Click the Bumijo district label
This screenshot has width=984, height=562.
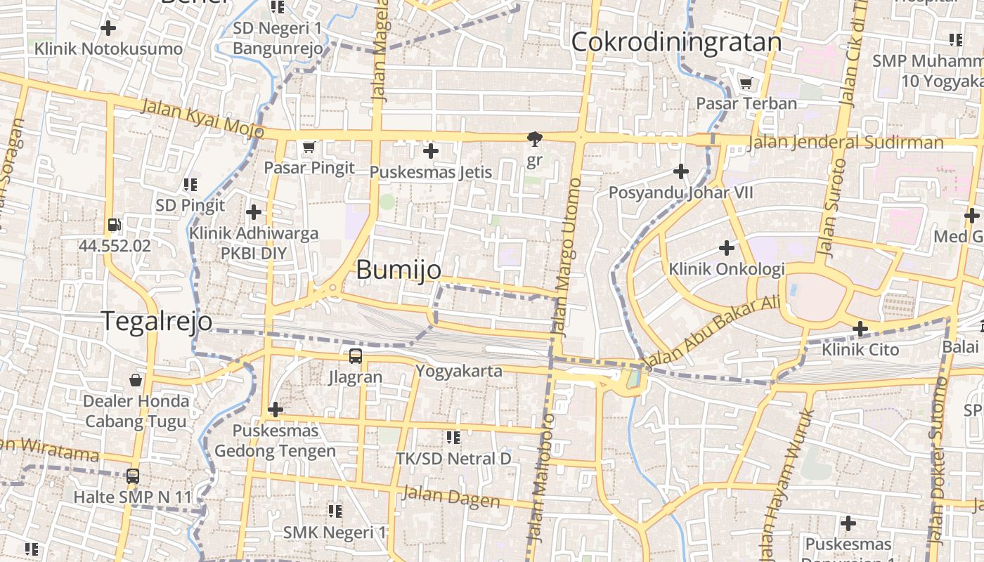[x=399, y=270]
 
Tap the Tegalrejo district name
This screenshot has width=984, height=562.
[x=157, y=320]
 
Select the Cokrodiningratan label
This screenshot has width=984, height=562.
[x=676, y=42]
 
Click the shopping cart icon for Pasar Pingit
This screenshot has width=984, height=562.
[x=309, y=148]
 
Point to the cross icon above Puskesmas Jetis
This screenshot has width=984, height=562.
[x=430, y=151]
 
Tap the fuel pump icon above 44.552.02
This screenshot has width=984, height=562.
[x=114, y=226]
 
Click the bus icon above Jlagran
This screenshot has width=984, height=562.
[x=356, y=356]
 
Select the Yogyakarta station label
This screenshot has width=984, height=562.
[x=459, y=371]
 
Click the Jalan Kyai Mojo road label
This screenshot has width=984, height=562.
[x=202, y=118]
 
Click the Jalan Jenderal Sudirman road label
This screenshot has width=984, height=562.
[x=846, y=143]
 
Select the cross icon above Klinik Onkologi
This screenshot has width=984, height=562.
[x=727, y=248]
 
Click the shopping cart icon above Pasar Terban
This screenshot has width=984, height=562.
[x=746, y=84]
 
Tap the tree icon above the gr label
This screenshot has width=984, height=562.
[x=535, y=138]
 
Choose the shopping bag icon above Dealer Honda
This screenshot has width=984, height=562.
[x=136, y=380]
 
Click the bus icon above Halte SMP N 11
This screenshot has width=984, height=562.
[x=132, y=476]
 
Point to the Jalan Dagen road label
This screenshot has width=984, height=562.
[x=451, y=497]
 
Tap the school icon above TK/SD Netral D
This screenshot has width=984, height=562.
[x=453, y=438]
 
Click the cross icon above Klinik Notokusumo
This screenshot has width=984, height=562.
[x=108, y=28]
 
